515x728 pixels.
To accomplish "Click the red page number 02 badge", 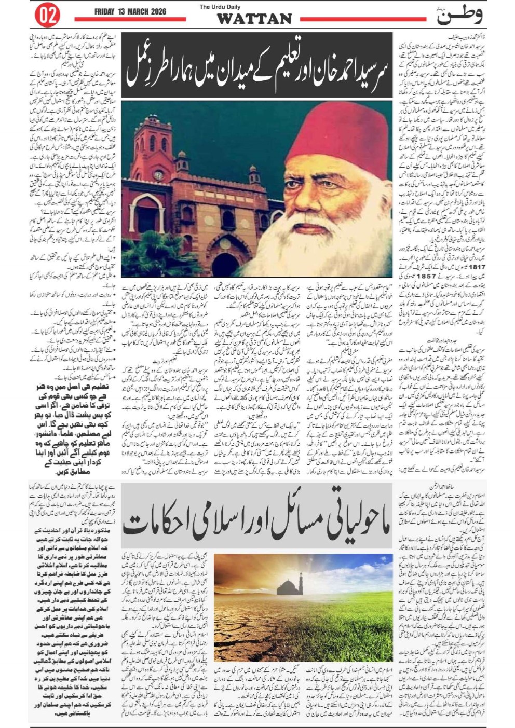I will [x=47, y=15].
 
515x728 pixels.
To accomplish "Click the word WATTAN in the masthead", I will [x=254, y=20].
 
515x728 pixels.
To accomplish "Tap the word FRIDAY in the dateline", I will [x=106, y=11].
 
